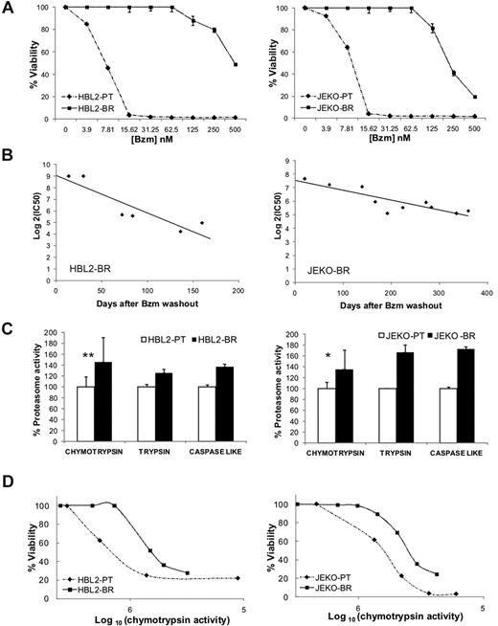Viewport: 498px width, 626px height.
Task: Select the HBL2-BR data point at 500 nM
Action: [x=235, y=64]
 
